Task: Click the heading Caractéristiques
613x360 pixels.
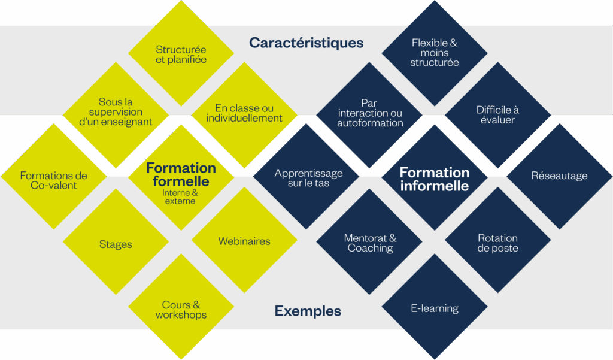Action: click(306, 43)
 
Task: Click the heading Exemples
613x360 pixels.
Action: click(308, 311)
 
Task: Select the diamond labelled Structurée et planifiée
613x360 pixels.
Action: click(181, 54)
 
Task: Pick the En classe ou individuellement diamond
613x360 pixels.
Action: click(244, 113)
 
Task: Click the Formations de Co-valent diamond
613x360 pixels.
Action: click(53, 180)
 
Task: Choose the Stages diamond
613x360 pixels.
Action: click(116, 244)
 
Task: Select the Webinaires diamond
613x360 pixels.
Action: click(244, 241)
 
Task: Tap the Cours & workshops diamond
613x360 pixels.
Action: click(181, 310)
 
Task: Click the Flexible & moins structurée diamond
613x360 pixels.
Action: click(435, 53)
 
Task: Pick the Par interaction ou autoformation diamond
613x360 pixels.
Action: click(370, 113)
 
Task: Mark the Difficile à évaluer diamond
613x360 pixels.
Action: click(498, 114)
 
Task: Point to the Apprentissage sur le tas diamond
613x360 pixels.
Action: click(308, 178)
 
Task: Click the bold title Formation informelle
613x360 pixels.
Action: click(435, 179)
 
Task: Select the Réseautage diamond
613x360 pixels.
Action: click(559, 176)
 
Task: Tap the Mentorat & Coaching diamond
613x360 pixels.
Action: click(370, 243)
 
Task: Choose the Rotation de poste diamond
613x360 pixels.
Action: click(498, 243)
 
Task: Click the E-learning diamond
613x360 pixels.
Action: click(435, 308)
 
